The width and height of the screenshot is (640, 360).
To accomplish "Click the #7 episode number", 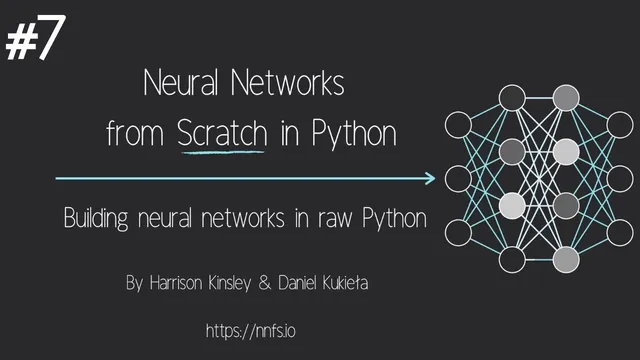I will pos(36,39).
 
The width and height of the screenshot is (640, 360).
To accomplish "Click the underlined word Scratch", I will pos(222,134).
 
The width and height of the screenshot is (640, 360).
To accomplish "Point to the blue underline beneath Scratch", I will pos(222,152).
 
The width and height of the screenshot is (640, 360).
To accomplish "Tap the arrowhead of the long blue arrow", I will pos(430,179).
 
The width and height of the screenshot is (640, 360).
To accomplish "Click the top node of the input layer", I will pos(459,126).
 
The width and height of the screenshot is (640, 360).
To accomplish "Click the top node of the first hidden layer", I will pos(512,98).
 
